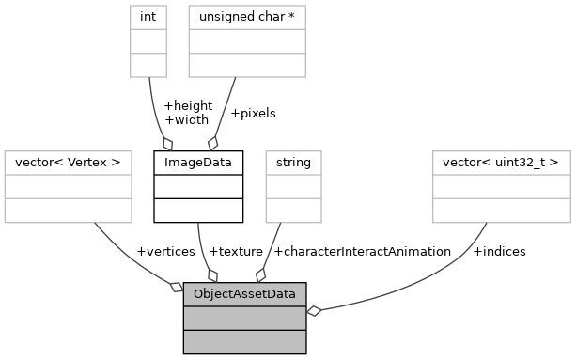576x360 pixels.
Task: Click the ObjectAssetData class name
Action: [x=244, y=294]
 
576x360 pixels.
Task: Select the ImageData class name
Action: [x=198, y=163]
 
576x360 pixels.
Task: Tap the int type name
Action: [x=147, y=17]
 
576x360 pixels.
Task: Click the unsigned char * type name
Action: [x=247, y=17]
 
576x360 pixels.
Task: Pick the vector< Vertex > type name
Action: [x=68, y=163]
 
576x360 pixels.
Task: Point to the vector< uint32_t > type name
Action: [x=501, y=163]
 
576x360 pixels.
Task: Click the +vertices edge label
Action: [x=165, y=251]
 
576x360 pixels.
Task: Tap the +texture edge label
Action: [x=236, y=251]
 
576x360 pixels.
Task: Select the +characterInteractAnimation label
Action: [x=362, y=251]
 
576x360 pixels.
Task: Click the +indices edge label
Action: [x=499, y=251]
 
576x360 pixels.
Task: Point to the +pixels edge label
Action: [x=253, y=113]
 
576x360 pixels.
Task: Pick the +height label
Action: [x=188, y=105]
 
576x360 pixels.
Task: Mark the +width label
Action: [x=186, y=119]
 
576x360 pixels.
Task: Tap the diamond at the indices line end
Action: [x=314, y=311]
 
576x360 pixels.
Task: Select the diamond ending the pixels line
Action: [x=213, y=143]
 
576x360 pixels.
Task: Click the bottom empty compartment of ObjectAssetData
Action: [x=244, y=341]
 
